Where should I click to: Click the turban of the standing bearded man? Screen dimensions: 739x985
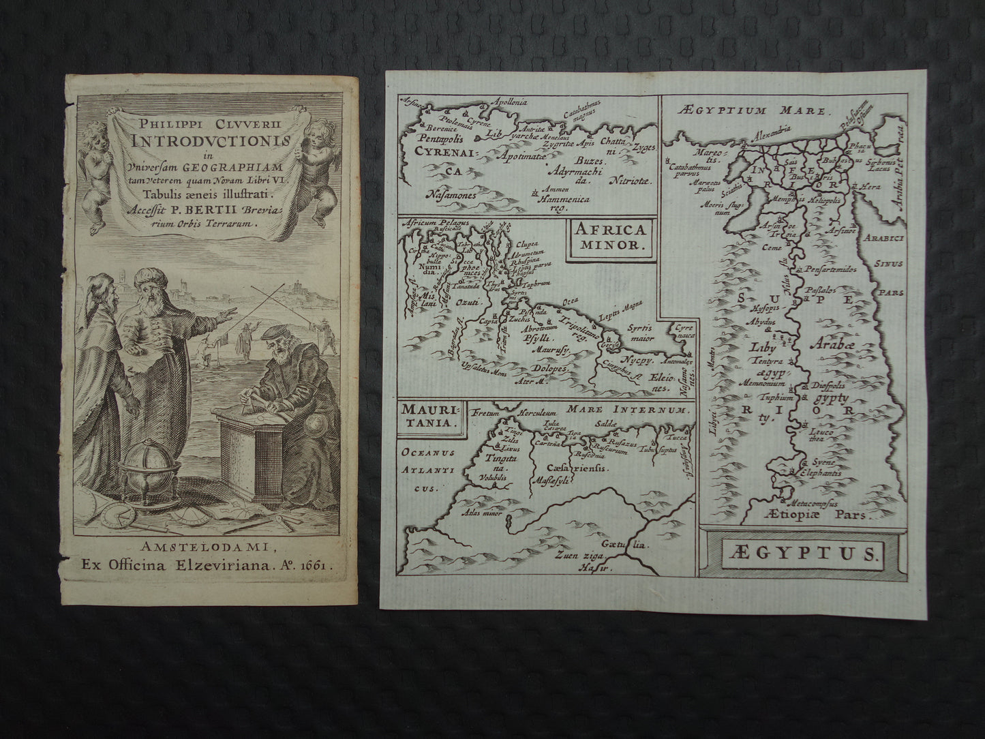(151, 277)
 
